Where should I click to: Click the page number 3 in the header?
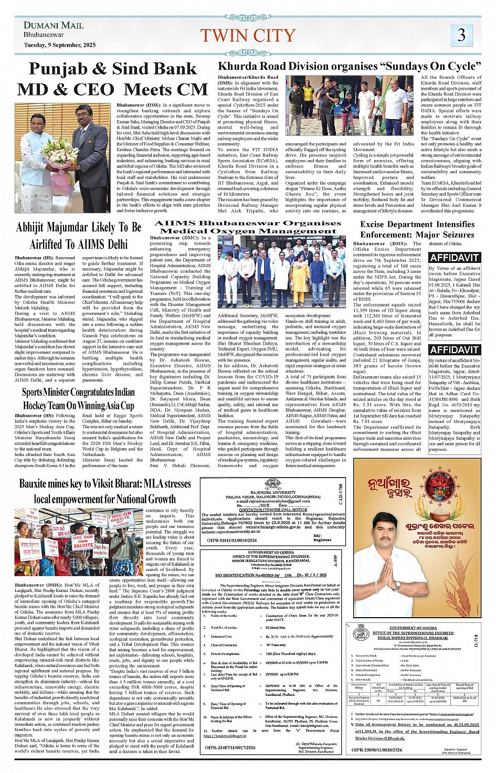click(x=461, y=35)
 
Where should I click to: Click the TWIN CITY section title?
click(x=247, y=35)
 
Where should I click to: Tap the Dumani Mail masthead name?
click(x=54, y=25)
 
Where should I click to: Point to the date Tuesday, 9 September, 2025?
click(x=59, y=45)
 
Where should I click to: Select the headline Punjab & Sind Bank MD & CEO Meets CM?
click(x=112, y=79)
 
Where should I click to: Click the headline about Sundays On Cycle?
click(x=349, y=66)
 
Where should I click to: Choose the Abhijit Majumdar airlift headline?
click(x=79, y=236)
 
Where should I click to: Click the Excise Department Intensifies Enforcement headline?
click(x=417, y=229)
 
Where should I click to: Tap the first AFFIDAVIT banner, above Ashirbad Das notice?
click(x=454, y=257)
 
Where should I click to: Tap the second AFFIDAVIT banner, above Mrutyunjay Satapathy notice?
click(x=454, y=350)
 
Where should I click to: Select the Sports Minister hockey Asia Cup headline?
click(x=78, y=399)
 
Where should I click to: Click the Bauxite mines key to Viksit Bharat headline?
click(x=105, y=491)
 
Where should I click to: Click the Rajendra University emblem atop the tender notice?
click(x=271, y=484)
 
